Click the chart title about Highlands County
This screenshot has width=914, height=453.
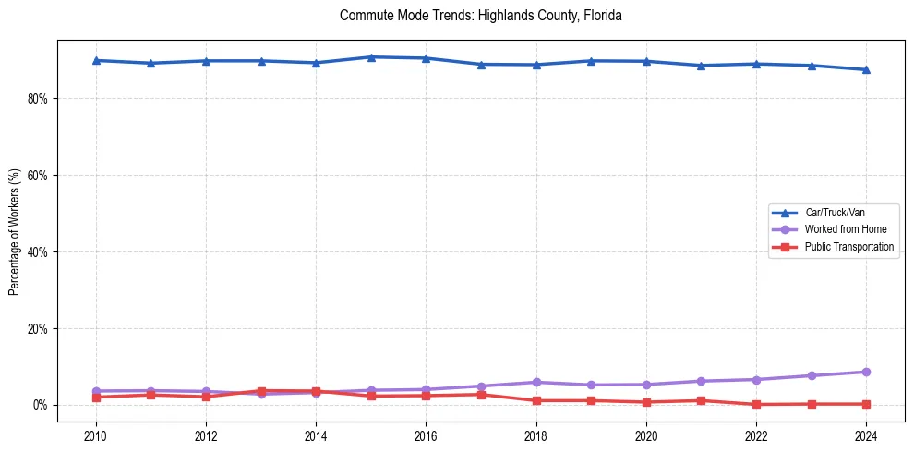(x=480, y=16)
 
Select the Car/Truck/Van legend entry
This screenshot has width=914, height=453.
(x=835, y=213)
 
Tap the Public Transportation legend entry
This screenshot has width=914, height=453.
(x=848, y=247)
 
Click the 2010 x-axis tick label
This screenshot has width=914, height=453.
(x=96, y=435)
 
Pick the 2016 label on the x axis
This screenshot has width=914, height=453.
(x=426, y=435)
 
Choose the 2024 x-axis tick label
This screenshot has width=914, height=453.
(x=866, y=435)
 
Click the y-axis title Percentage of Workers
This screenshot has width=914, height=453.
(x=15, y=231)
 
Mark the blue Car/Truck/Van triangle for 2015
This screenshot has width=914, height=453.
(x=371, y=57)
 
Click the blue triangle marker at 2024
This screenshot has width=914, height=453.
(x=866, y=69)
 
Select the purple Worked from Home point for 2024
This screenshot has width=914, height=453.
(x=866, y=372)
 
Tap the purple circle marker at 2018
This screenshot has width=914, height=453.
(x=536, y=382)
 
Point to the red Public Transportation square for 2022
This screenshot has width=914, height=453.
(x=756, y=404)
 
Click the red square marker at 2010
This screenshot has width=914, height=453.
(x=96, y=398)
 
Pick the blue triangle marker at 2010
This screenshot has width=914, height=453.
(x=96, y=60)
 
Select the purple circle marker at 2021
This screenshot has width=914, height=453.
(x=702, y=381)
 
